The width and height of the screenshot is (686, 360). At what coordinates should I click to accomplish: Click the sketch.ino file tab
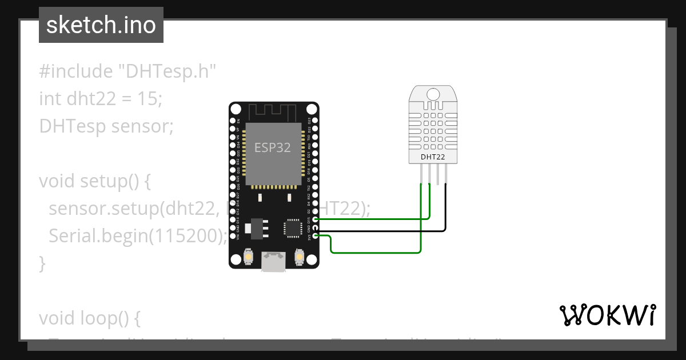[101, 25]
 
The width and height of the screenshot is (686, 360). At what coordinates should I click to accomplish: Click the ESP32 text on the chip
[273, 147]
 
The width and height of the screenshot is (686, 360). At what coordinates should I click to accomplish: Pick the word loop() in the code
[113, 318]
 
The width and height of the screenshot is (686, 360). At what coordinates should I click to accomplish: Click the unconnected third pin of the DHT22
[438, 174]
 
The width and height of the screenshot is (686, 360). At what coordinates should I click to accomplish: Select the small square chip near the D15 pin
[292, 227]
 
